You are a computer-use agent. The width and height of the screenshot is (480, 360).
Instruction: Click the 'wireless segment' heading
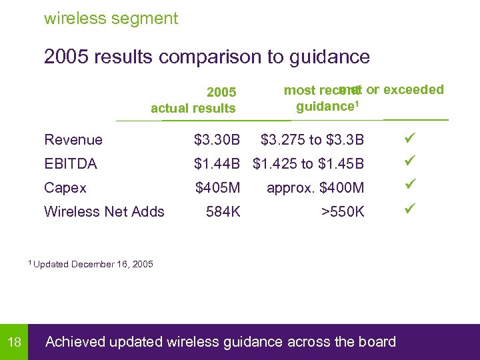click(111, 19)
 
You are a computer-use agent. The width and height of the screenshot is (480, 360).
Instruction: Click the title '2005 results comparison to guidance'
click(207, 57)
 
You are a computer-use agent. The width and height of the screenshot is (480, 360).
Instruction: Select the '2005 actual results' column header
click(193, 100)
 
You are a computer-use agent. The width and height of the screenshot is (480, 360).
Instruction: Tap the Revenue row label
click(73, 140)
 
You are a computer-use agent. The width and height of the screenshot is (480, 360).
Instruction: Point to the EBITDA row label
click(71, 164)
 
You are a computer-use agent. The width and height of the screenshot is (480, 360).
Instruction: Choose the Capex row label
click(65, 188)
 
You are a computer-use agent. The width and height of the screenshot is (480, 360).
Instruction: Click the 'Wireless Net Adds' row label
click(104, 212)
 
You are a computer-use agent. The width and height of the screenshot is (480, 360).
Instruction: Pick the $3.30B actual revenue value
click(217, 140)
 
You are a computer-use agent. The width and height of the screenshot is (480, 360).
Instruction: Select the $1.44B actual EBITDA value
click(217, 164)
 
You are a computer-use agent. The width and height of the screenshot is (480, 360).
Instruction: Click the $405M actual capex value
click(217, 188)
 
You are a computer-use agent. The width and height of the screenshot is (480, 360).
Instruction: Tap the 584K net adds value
click(223, 212)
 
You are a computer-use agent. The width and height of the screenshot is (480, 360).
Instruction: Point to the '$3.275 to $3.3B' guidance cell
click(313, 140)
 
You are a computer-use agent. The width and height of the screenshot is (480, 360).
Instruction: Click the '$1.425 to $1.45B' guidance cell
click(309, 164)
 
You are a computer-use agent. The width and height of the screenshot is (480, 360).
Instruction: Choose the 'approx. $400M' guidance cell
click(315, 188)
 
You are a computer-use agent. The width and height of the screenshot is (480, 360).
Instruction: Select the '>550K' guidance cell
click(343, 212)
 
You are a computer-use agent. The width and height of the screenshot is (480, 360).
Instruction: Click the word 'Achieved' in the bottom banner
click(75, 342)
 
